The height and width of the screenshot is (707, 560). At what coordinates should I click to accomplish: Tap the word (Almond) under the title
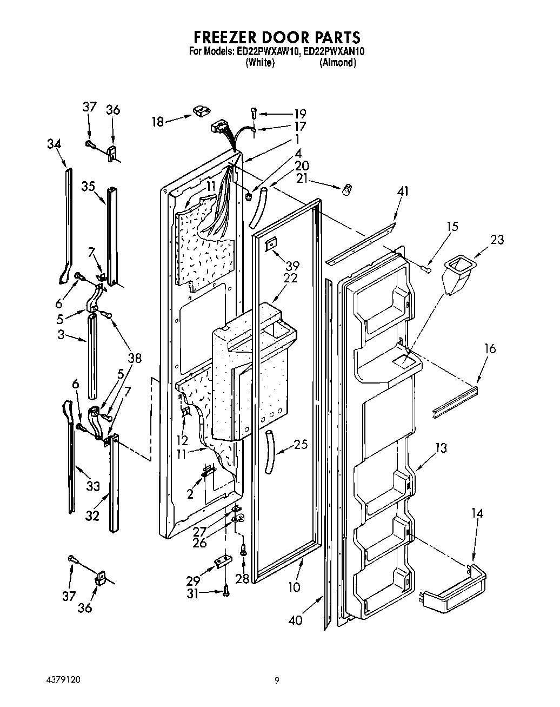pos(338,63)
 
